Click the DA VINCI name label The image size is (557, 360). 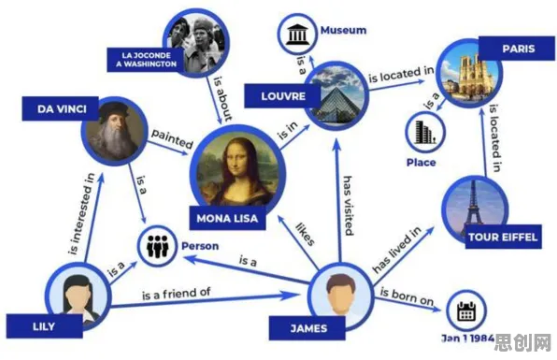pos(60,108)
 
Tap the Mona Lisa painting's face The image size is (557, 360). pos(235,160)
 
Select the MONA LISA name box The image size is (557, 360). pos(227,218)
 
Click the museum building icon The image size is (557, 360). pos(297,34)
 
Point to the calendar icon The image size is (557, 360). pos(465,311)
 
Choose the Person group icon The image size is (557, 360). pos(157,246)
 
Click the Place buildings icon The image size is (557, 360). pos(425,132)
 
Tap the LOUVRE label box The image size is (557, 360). pos(283,96)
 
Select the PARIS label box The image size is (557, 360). pos(518,49)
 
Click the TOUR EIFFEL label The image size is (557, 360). pos(504,237)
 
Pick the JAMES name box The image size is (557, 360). pos(307,328)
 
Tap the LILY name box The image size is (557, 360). pos(45,326)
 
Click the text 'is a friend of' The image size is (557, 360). pos(177,294)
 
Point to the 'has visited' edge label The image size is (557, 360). pos(348,206)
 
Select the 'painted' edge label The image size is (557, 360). pos(172,138)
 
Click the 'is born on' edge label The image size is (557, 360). pos(407,296)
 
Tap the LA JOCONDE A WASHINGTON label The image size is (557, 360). pos(146,60)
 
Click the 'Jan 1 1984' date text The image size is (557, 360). pos(468,338)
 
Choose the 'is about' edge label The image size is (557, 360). pos(223,99)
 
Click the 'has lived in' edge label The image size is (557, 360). pos(397,250)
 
